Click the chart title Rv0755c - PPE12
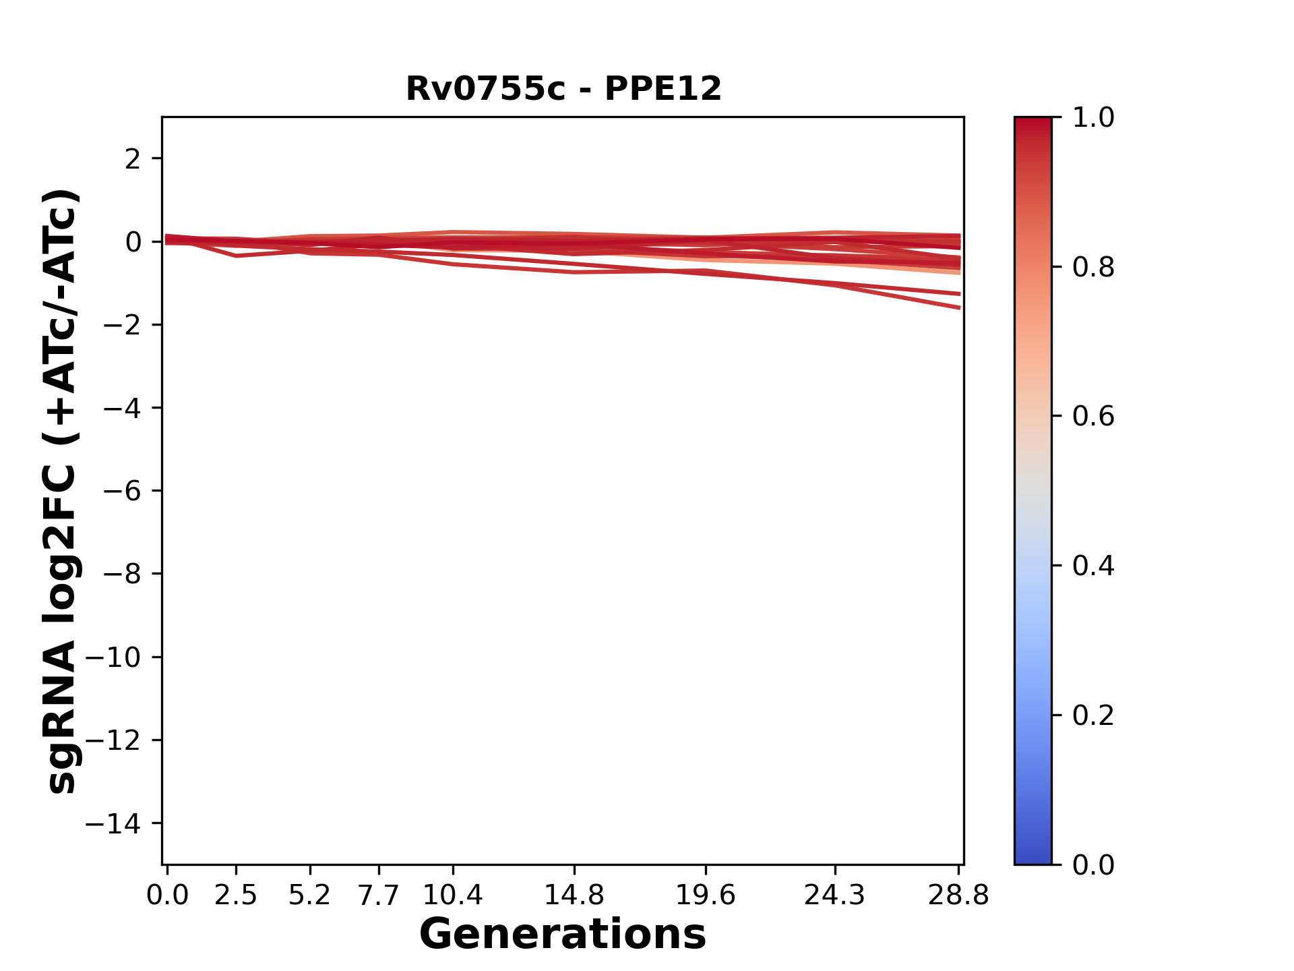[x=563, y=89]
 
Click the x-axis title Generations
[x=563, y=935]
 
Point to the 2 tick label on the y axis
[x=133, y=159]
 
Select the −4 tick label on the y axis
[x=122, y=408]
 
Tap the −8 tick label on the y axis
[x=122, y=574]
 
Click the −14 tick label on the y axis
[x=113, y=823]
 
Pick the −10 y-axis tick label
[x=113, y=657]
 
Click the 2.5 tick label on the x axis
[x=236, y=895]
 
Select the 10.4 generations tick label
[x=453, y=895]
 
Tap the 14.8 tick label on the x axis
[x=574, y=895]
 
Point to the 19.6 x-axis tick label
[x=706, y=895]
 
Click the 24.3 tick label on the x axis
[x=835, y=895]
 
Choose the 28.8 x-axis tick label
[x=958, y=895]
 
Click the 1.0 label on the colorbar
[x=1093, y=118]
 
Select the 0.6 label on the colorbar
[x=1093, y=417]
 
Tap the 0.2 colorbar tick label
[x=1093, y=715]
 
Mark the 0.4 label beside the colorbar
[x=1093, y=566]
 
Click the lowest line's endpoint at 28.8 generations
[x=959, y=307]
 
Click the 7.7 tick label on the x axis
[x=379, y=895]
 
